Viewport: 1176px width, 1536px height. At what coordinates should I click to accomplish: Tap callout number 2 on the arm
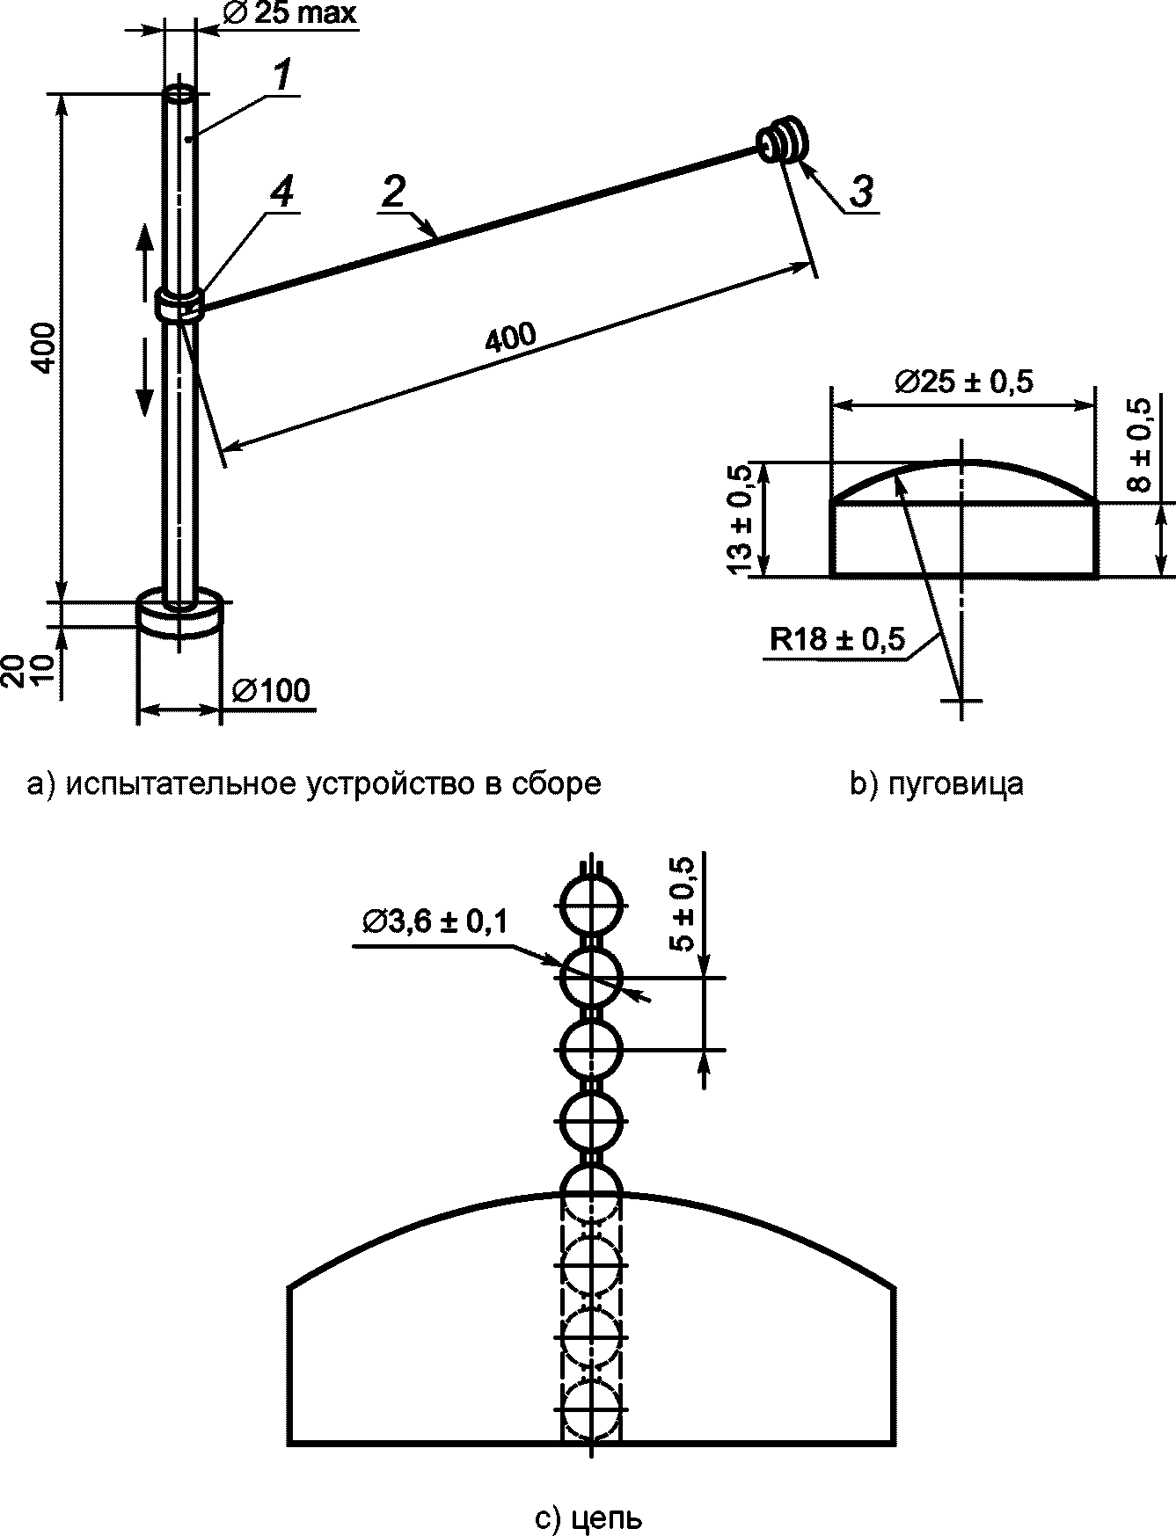[x=395, y=193]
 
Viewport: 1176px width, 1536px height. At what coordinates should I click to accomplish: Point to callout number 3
[x=861, y=193]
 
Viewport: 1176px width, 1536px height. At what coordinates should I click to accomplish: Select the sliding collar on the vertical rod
[x=180, y=303]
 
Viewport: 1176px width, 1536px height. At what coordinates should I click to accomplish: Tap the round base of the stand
[x=180, y=612]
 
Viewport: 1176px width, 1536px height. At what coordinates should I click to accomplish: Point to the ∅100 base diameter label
[x=271, y=691]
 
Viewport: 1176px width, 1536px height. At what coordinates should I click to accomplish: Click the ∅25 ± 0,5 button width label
[x=964, y=382]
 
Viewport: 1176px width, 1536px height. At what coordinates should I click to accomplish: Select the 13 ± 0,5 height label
[x=741, y=520]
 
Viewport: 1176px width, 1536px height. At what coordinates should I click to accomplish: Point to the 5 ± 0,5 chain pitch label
[x=683, y=904]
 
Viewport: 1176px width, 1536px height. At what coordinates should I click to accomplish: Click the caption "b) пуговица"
[x=937, y=783]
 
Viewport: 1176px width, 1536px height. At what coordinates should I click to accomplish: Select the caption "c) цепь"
[x=588, y=1518]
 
